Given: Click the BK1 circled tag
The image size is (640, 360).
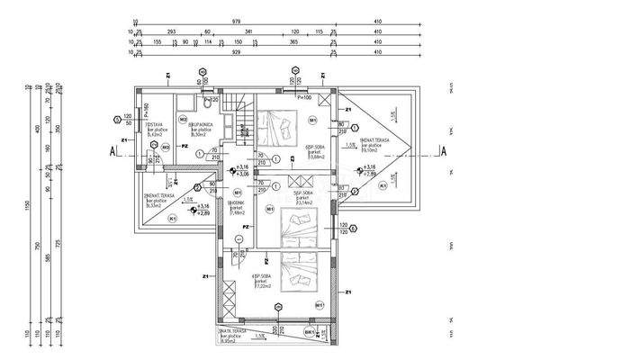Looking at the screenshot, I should [310, 332].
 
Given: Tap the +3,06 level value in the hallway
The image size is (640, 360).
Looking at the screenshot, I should [243, 175].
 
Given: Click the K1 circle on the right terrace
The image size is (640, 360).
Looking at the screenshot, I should [383, 185].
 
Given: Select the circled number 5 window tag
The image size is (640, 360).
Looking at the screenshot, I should [117, 118].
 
